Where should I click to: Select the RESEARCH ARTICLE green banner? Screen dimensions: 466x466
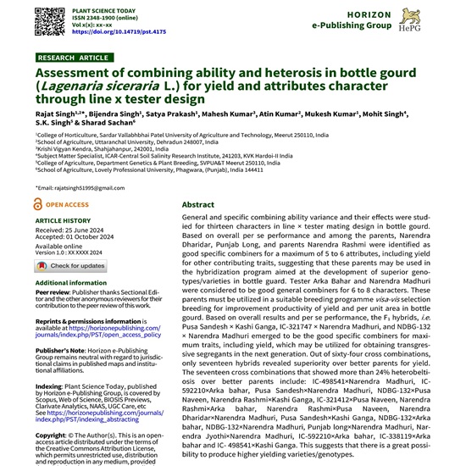(75, 58)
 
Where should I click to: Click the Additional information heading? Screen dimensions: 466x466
(71, 282)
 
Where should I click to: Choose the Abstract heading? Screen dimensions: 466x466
(198, 205)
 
